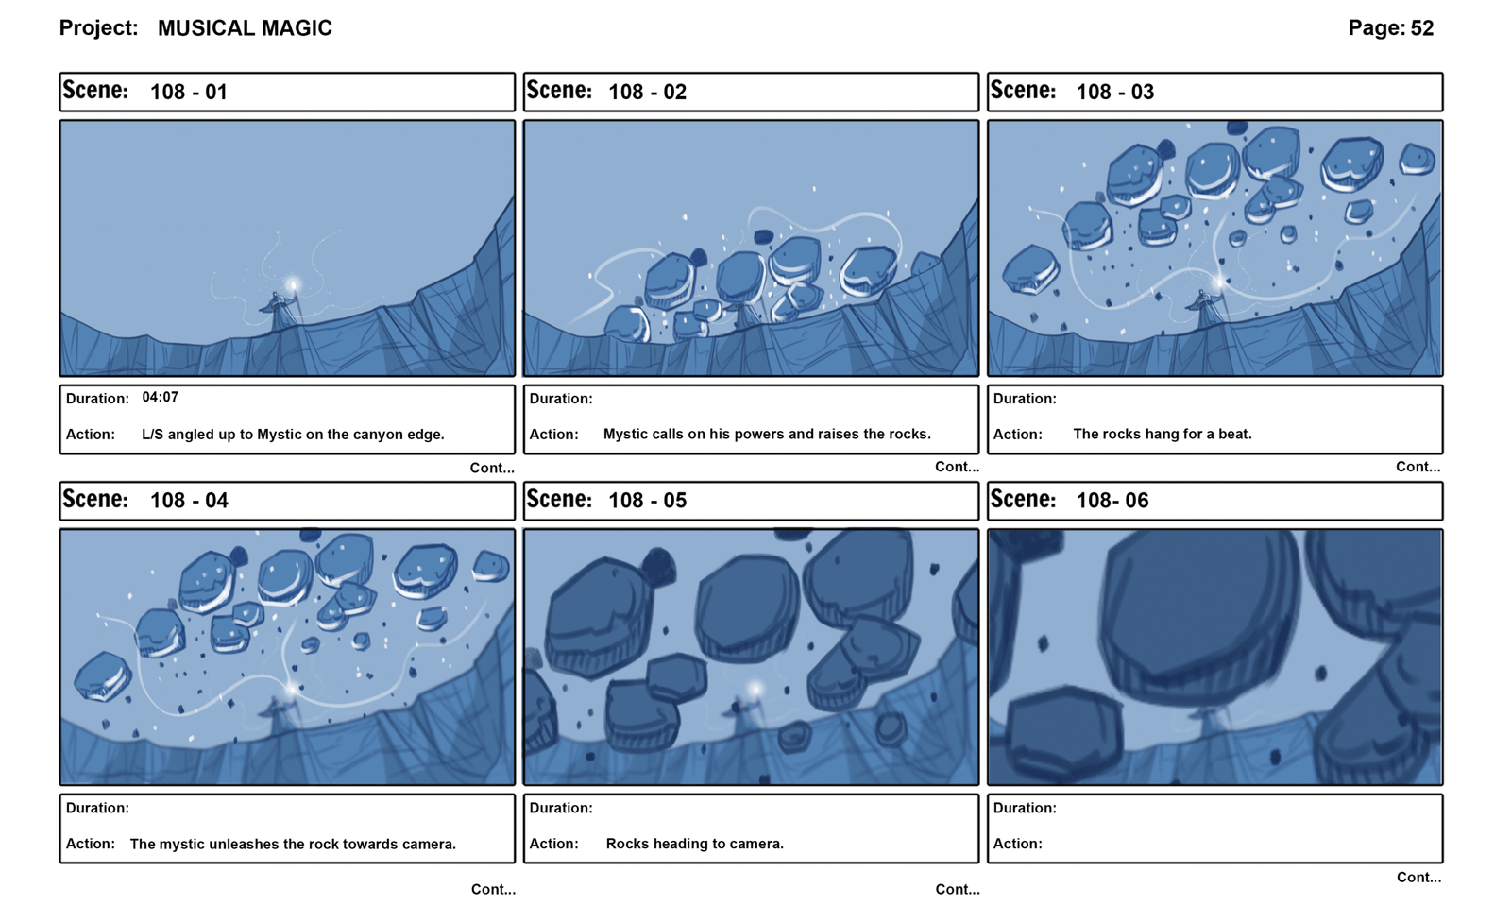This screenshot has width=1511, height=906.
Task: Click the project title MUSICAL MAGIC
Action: (x=245, y=28)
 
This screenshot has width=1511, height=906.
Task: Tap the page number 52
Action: (x=1422, y=27)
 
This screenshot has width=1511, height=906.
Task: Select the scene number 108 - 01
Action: (x=188, y=92)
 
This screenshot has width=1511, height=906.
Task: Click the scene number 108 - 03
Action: (x=1114, y=92)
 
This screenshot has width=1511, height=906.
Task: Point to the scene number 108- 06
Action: (x=1112, y=501)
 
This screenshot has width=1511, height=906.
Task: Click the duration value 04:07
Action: (x=160, y=397)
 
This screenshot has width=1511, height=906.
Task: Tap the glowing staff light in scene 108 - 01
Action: (x=292, y=284)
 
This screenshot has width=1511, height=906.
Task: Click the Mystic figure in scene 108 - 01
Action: (x=278, y=310)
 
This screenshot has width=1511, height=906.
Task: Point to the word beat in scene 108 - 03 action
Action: (x=1234, y=434)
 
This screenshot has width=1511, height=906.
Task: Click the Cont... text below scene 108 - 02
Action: (x=958, y=467)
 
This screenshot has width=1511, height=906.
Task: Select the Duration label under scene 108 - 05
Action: (x=561, y=808)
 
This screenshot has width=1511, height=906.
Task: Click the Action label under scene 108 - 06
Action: (x=1017, y=844)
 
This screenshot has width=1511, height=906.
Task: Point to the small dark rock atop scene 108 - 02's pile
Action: (x=764, y=236)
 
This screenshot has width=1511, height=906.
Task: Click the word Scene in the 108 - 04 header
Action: (x=95, y=499)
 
